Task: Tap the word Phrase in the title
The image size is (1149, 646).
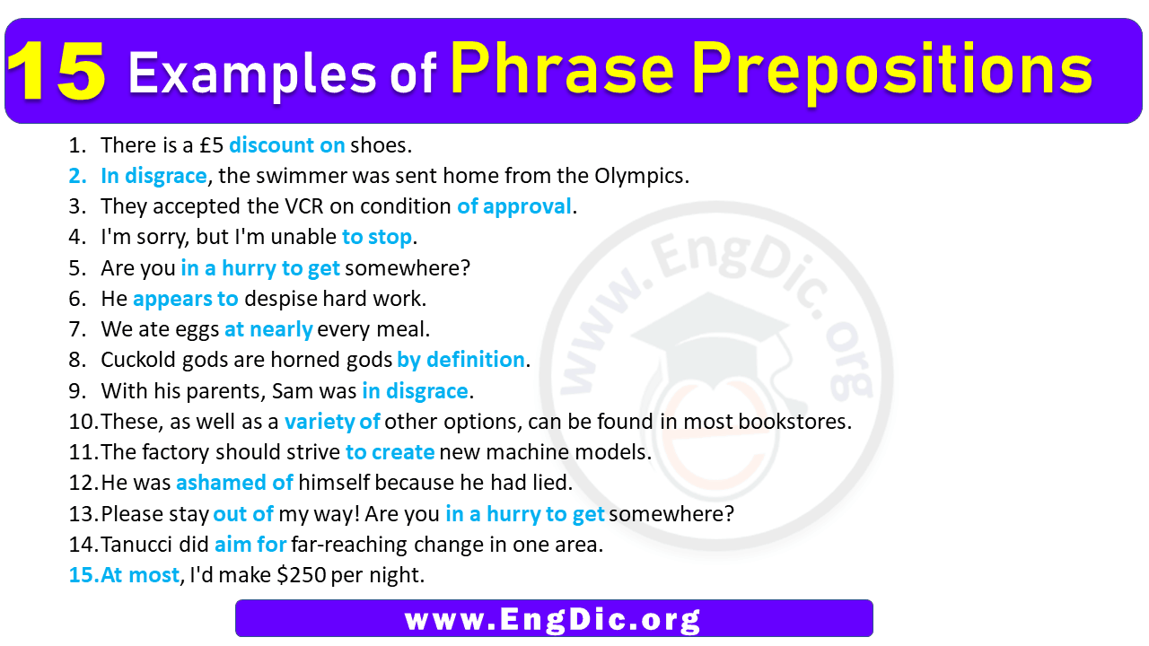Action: [562, 69]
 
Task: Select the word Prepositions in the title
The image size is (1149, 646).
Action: [892, 72]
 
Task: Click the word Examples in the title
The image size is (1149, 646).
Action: [252, 74]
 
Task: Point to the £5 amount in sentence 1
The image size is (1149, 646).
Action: [211, 145]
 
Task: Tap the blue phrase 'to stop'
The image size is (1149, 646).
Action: [377, 238]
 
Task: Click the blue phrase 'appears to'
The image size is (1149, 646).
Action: [186, 300]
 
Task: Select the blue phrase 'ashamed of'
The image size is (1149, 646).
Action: [234, 483]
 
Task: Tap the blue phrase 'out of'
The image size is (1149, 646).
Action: [243, 514]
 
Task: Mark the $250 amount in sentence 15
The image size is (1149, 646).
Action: [301, 575]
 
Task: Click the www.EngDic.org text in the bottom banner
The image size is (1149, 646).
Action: [552, 619]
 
